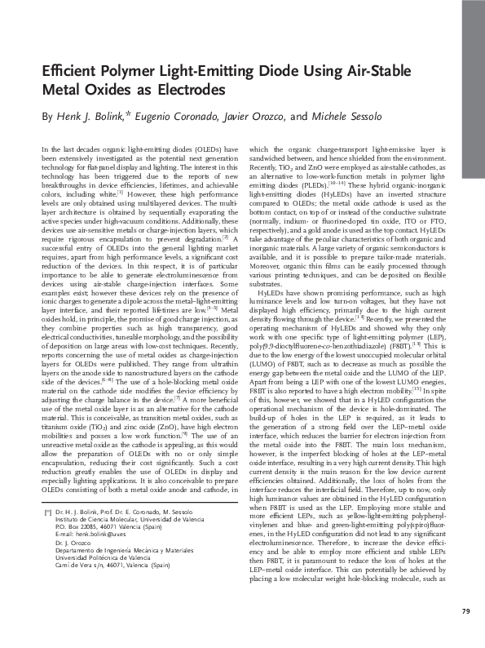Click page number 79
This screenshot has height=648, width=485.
[465, 611]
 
